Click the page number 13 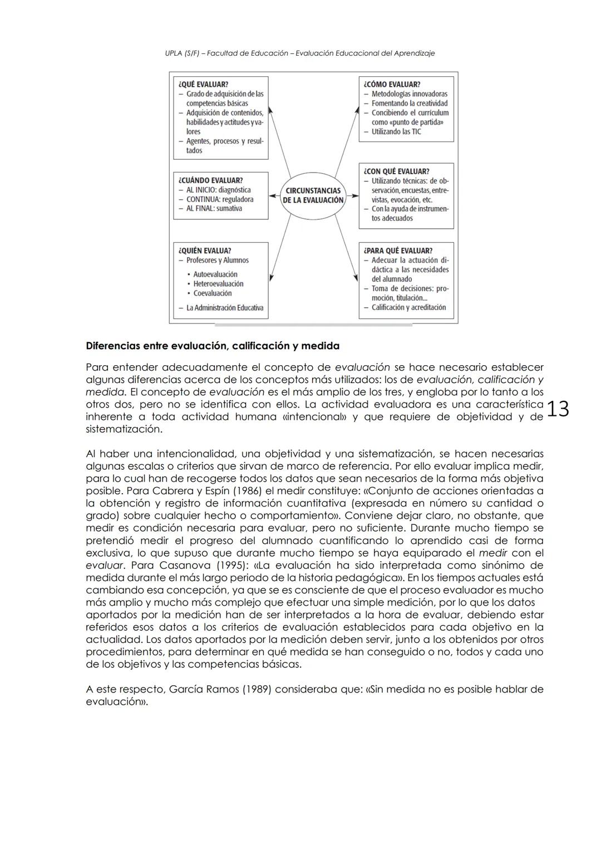(558, 410)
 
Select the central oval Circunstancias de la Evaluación (313, 195)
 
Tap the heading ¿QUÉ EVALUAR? (203, 85)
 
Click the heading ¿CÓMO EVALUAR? (392, 85)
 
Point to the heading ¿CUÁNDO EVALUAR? (210, 180)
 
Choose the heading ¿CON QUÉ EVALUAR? (396, 171)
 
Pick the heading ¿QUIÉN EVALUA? (205, 251)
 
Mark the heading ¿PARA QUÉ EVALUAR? (398, 251)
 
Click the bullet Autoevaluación (215, 274)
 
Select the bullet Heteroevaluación (218, 284)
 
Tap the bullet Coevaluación (212, 293)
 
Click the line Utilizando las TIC (396, 132)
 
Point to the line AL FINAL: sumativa (214, 209)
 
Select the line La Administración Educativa (224, 308)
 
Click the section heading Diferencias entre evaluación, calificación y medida (213, 346)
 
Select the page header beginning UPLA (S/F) (300, 53)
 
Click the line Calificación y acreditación (408, 307)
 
